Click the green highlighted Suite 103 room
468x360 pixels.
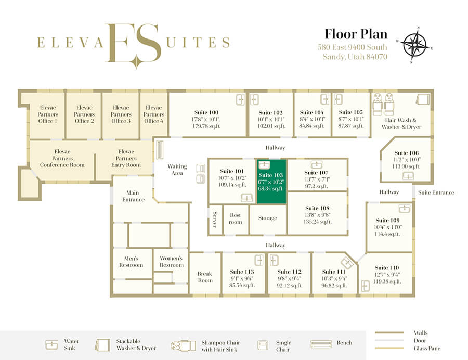271,182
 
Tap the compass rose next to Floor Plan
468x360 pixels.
414,45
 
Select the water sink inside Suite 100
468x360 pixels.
240,99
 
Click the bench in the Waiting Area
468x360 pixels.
160,149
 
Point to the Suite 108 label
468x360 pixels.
317,208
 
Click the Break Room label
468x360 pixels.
205,277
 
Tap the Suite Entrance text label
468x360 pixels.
436,192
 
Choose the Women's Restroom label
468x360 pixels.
171,262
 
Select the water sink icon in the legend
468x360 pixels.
51,344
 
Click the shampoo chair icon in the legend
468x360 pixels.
183,345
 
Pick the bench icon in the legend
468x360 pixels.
321,344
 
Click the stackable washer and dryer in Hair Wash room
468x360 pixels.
423,99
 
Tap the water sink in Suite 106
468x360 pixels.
408,176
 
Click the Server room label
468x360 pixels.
215,220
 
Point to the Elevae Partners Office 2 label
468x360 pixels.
84,114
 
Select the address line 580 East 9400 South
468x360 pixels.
352,47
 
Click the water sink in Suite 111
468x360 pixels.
347,263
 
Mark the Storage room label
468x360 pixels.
267,218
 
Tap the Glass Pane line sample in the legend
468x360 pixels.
389,348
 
